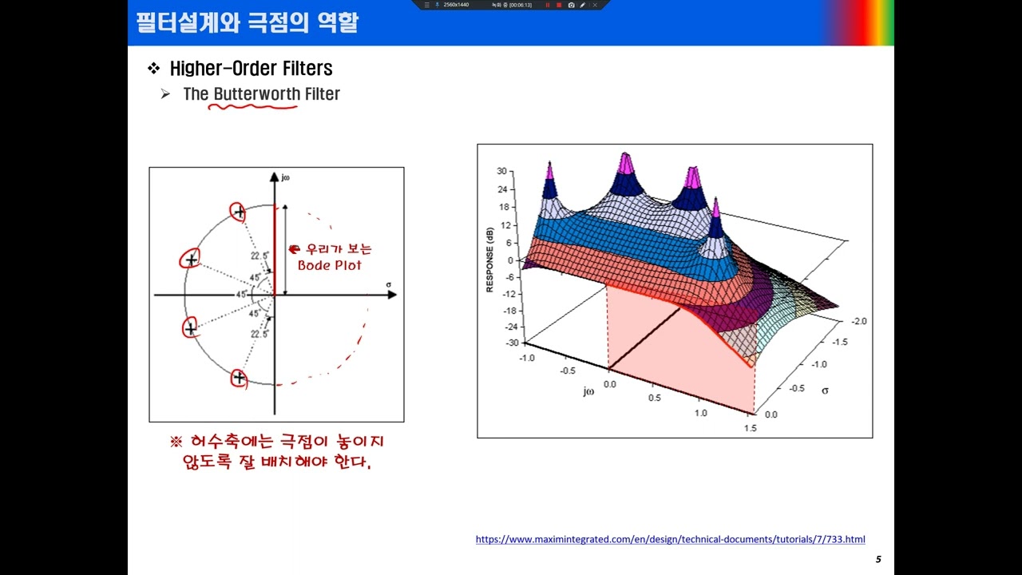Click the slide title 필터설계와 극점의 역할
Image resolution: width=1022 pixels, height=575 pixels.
pos(247,22)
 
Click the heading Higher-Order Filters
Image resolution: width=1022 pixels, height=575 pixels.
pos(251,69)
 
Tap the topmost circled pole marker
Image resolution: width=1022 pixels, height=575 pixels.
pos(238,212)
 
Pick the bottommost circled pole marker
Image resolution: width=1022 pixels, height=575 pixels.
pos(239,378)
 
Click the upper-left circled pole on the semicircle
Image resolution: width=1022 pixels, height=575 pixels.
pos(191,259)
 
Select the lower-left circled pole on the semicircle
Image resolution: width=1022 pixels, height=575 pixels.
pos(190,327)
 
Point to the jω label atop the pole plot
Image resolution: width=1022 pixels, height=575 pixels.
pos(285,176)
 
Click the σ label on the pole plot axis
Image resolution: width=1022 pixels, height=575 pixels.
pos(388,284)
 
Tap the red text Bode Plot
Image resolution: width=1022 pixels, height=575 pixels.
pos(329,265)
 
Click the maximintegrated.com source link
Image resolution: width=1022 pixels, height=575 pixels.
pos(670,539)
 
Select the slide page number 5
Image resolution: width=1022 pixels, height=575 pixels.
pos(878,559)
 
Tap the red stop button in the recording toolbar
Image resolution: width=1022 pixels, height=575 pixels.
pos(559,5)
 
